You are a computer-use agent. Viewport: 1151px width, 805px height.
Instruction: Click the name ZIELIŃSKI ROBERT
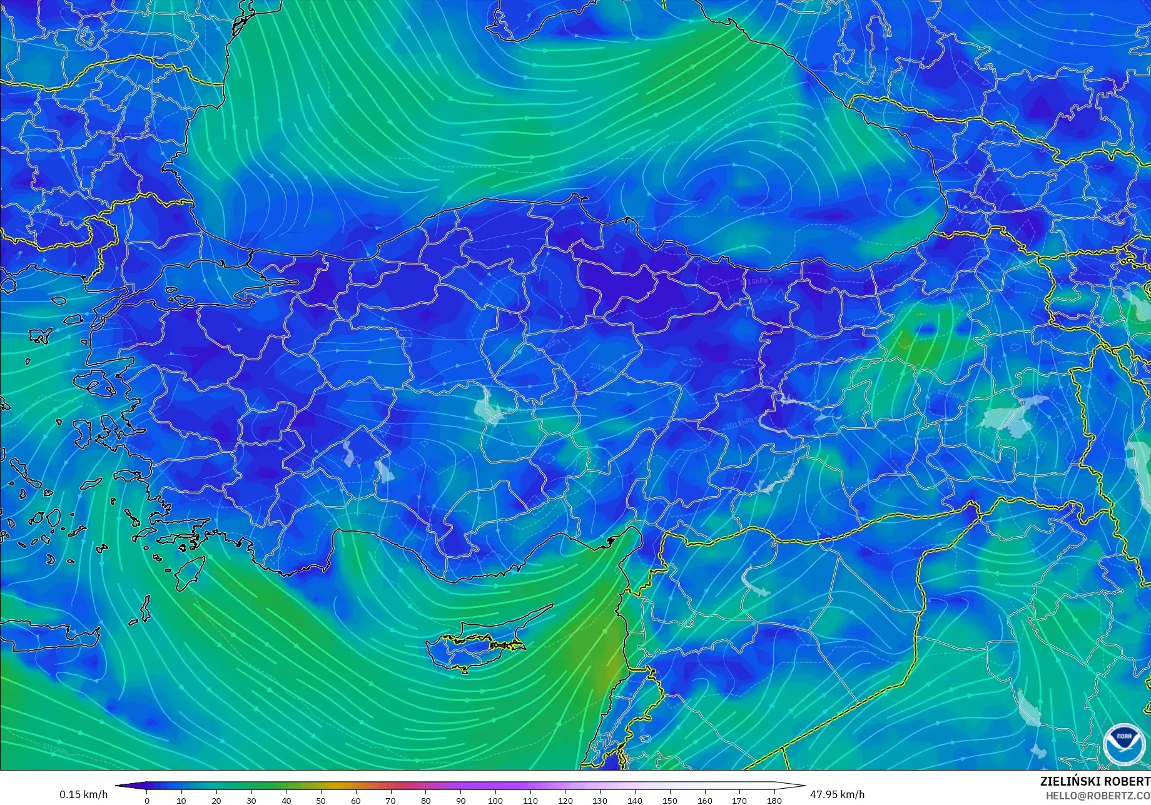tap(1095, 781)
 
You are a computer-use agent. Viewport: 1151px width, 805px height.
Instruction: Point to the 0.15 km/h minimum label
tap(83, 794)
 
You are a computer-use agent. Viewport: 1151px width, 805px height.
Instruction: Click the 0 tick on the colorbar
tap(147, 800)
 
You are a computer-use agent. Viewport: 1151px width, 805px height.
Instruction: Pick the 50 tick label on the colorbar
tap(321, 800)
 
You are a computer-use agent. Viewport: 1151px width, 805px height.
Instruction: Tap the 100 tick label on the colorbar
tap(495, 800)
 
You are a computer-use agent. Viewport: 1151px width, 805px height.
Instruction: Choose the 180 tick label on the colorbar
tap(774, 800)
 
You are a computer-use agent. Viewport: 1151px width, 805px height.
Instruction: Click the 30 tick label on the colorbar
tap(251, 800)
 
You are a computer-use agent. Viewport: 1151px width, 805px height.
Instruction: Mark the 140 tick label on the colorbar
tap(634, 800)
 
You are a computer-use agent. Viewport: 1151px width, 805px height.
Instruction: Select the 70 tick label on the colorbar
tap(391, 800)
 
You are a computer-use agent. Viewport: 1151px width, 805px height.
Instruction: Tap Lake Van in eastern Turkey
tap(1007, 416)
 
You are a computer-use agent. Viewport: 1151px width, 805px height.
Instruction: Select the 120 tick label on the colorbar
tap(565, 800)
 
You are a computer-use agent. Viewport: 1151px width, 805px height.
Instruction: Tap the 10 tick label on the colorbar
tap(181, 800)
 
